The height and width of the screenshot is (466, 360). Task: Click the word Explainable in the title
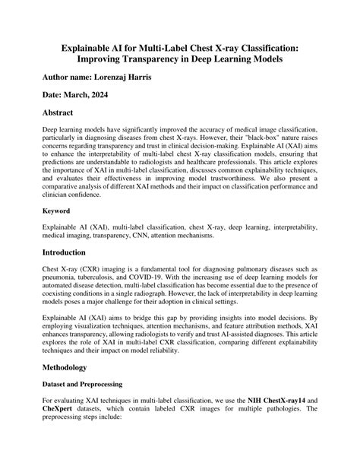coord(93,47)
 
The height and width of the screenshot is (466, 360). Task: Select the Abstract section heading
coord(65,115)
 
